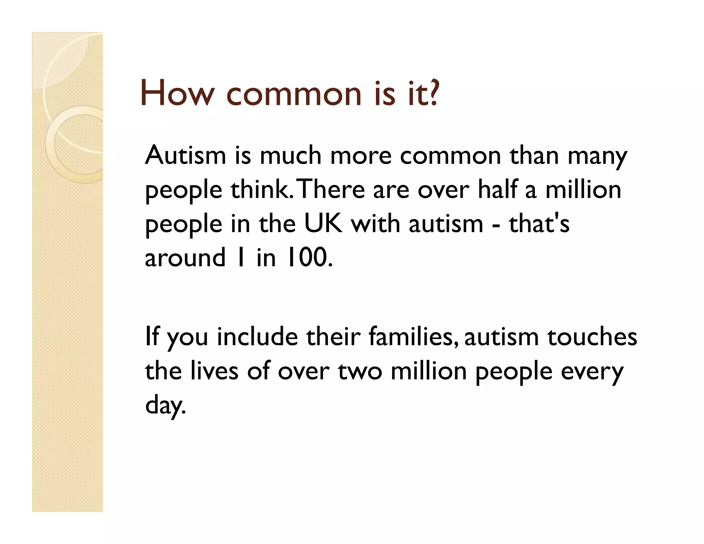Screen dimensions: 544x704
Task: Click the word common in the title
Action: pyautogui.click(x=294, y=94)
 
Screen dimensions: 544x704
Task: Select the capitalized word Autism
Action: pyautogui.click(x=186, y=155)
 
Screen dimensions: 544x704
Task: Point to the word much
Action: pyautogui.click(x=290, y=155)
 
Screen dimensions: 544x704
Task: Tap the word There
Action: pyautogui.click(x=332, y=189)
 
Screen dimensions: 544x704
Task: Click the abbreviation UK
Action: pyautogui.click(x=323, y=224)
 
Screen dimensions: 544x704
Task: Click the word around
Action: pyautogui.click(x=185, y=258)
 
